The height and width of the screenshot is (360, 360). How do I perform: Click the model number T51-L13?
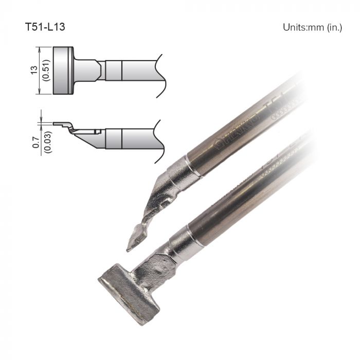coord(45,27)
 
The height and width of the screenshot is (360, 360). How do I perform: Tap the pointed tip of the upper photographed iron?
coord(129,249)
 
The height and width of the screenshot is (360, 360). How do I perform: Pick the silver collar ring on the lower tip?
coord(186,240)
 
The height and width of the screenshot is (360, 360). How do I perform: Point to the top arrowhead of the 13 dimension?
coord(39,48)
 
